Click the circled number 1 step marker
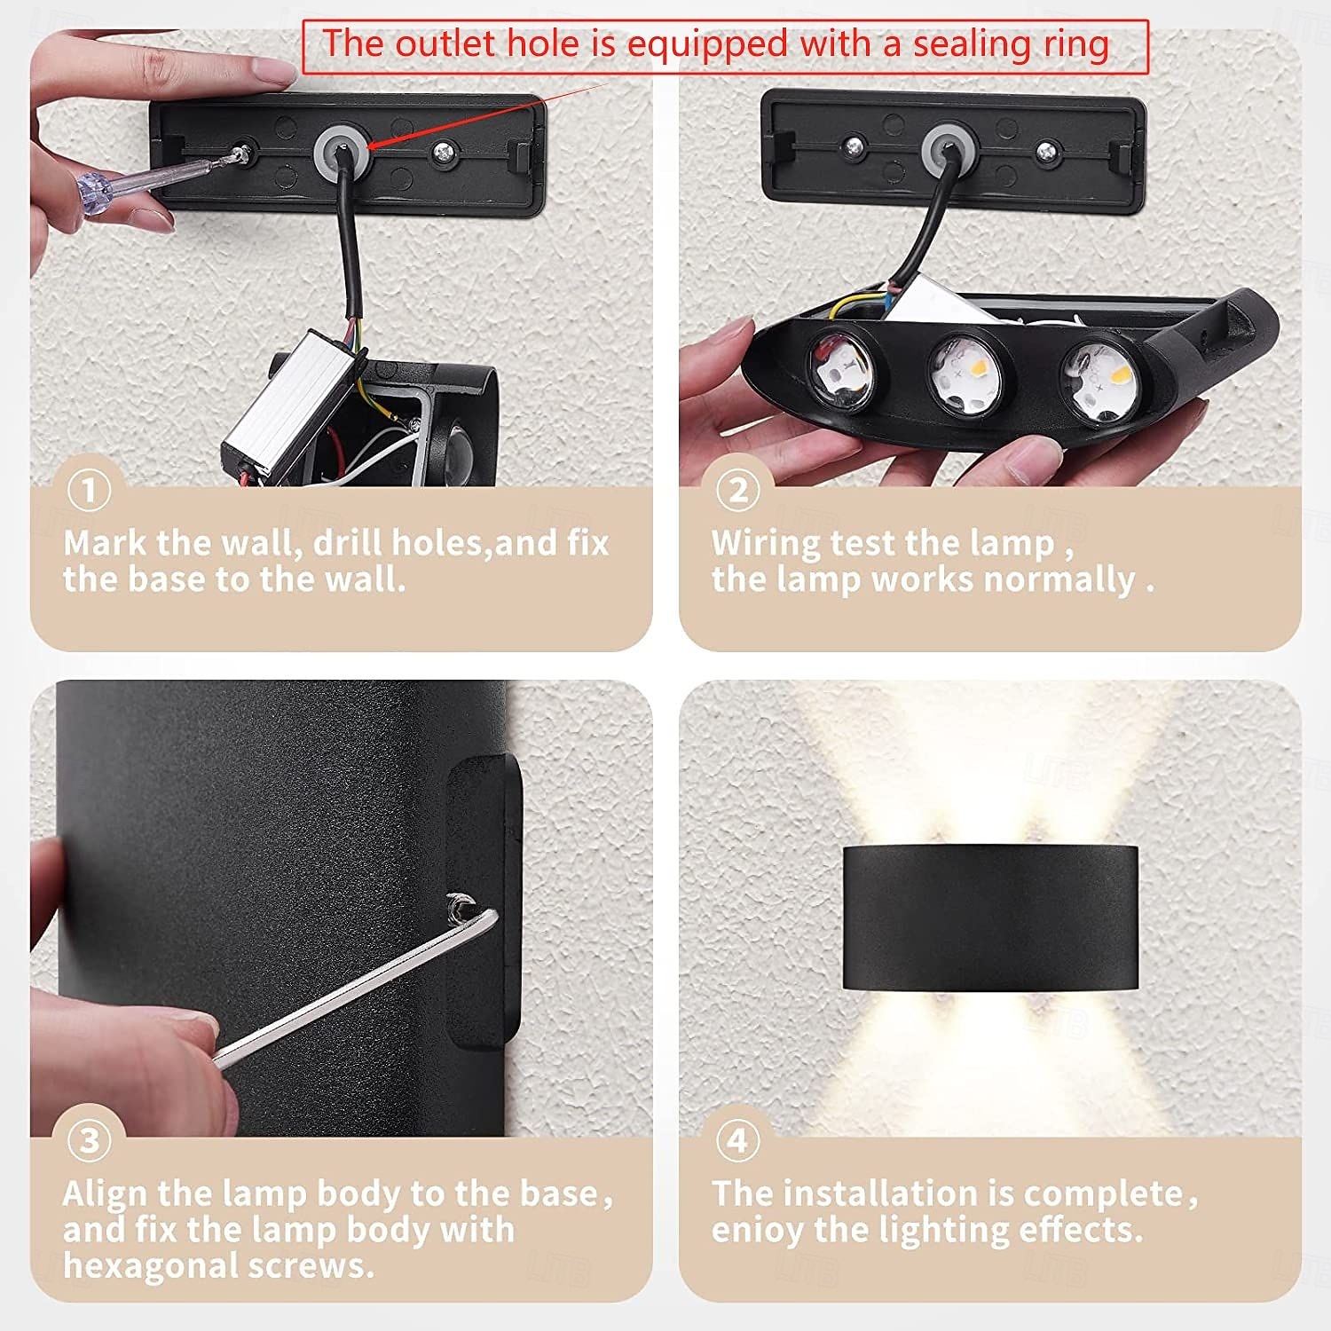tap(89, 490)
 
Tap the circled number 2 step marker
tap(738, 490)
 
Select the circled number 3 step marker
tap(89, 1140)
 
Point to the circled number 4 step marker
tap(738, 1140)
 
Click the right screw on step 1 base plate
tap(443, 154)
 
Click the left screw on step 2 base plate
tap(855, 146)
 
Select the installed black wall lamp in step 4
tap(990, 918)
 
